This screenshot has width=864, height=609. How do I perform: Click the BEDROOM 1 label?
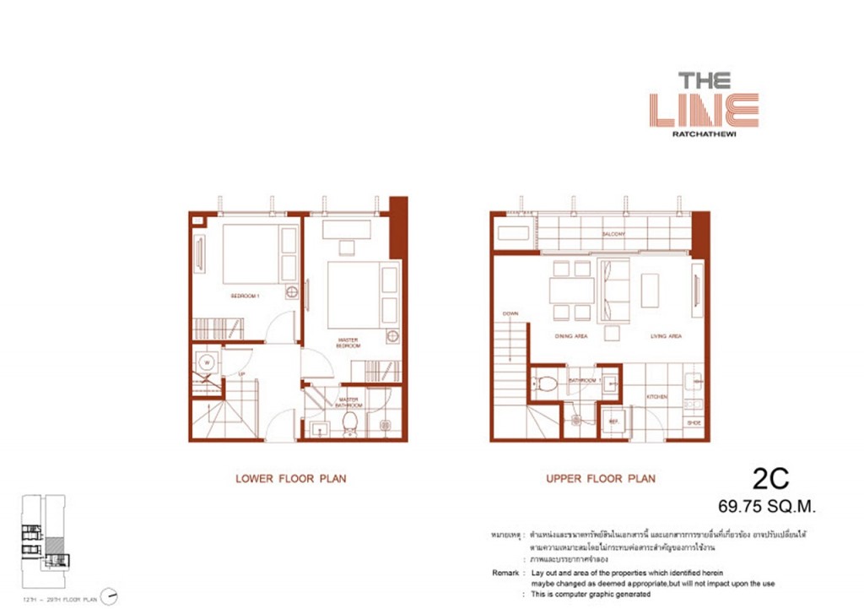click(x=246, y=296)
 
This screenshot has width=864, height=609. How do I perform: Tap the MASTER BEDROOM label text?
click(x=348, y=344)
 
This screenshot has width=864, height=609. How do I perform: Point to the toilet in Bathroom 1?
click(x=548, y=384)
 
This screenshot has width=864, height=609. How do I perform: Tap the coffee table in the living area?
click(x=650, y=290)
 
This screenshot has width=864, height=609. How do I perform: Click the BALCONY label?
click(x=613, y=234)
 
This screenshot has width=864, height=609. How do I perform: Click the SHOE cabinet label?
click(x=694, y=422)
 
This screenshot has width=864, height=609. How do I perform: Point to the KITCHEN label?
click(x=657, y=395)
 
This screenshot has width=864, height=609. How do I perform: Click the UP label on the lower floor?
click(x=241, y=373)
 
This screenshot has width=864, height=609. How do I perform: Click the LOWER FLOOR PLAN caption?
click(x=290, y=479)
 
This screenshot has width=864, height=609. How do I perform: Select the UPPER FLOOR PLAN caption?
click(x=600, y=479)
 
